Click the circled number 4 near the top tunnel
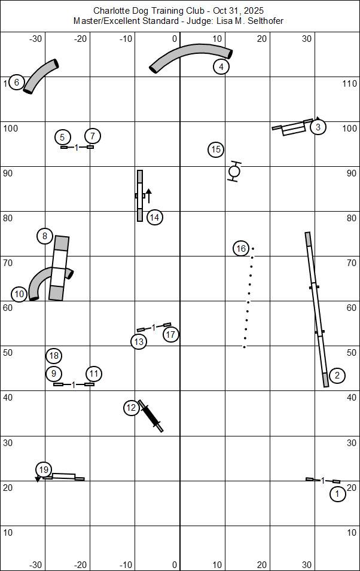point(221,67)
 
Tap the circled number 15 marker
point(216,149)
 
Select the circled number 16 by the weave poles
point(241,248)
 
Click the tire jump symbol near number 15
point(234,172)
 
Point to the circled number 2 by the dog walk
point(337,375)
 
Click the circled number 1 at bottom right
point(337,494)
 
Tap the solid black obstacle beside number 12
point(151,416)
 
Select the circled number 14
point(154,217)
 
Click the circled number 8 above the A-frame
point(45,236)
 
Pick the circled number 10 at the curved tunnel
point(20,294)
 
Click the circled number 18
point(54,356)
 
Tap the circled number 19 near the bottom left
point(43,469)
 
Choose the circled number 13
point(139,342)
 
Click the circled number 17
point(171,334)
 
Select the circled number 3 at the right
point(318,127)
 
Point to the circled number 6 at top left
point(16,83)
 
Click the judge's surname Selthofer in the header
point(264,21)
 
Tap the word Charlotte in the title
point(110,11)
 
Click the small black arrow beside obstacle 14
point(149,196)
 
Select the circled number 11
point(94,374)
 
